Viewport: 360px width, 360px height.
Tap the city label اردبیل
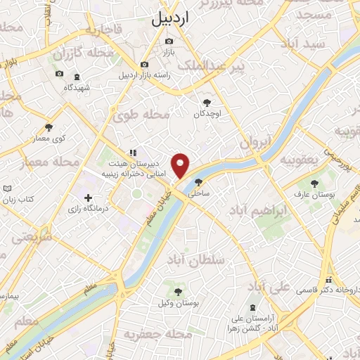pos(170,20)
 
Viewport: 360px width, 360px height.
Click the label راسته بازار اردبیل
pos(145,75)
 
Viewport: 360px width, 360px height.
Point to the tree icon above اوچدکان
pos(206,102)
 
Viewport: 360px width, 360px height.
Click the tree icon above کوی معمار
pos(49,127)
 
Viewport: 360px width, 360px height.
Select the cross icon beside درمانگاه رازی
pos(87,198)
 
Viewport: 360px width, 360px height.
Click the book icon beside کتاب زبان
pos(7,190)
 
